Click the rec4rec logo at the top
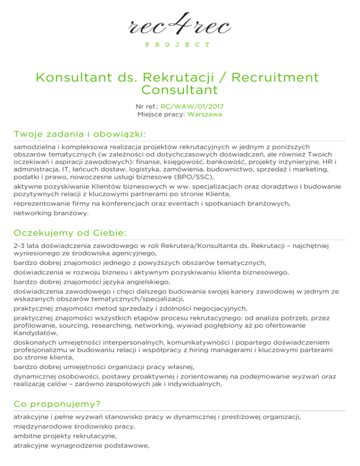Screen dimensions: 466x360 coord(180,24)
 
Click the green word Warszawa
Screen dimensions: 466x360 coord(205,114)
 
